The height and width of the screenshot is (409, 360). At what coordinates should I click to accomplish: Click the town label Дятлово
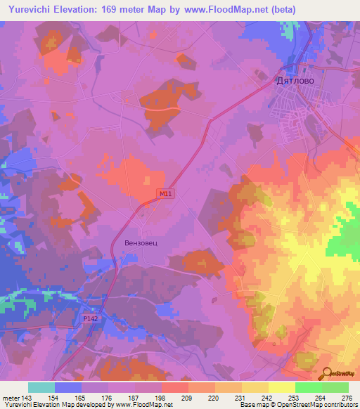[x=295, y=81]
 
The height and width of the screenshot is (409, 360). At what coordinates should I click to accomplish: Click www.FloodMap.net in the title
[x=226, y=9]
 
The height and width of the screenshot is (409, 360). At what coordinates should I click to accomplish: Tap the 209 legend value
[x=188, y=398]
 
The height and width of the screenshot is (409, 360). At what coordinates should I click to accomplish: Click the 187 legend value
[x=134, y=398]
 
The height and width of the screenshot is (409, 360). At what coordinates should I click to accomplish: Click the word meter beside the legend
[x=10, y=398]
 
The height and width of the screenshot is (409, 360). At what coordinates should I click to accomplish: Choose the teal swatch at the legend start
[x=41, y=387]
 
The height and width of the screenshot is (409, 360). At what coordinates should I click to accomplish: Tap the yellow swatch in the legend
[x=281, y=387]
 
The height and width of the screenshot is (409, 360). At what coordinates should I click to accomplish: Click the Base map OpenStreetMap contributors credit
[x=299, y=405]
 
